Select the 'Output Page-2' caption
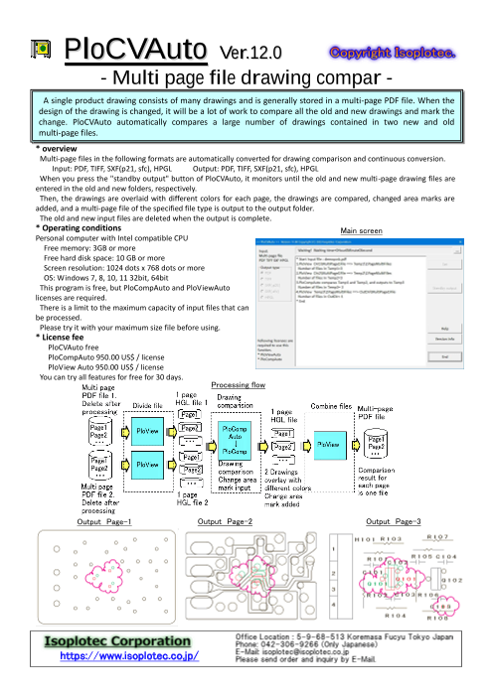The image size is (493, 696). [x=226, y=521]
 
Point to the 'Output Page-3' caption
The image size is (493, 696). [x=394, y=521]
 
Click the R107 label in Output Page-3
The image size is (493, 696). [x=438, y=537]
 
